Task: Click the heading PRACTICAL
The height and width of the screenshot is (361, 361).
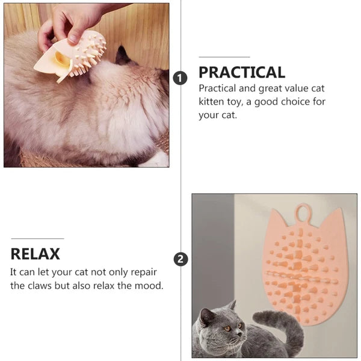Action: point(242,73)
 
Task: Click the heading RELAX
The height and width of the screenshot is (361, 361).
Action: point(35,253)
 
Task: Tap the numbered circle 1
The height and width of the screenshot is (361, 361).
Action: point(179,78)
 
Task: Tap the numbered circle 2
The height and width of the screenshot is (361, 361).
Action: point(180,259)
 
